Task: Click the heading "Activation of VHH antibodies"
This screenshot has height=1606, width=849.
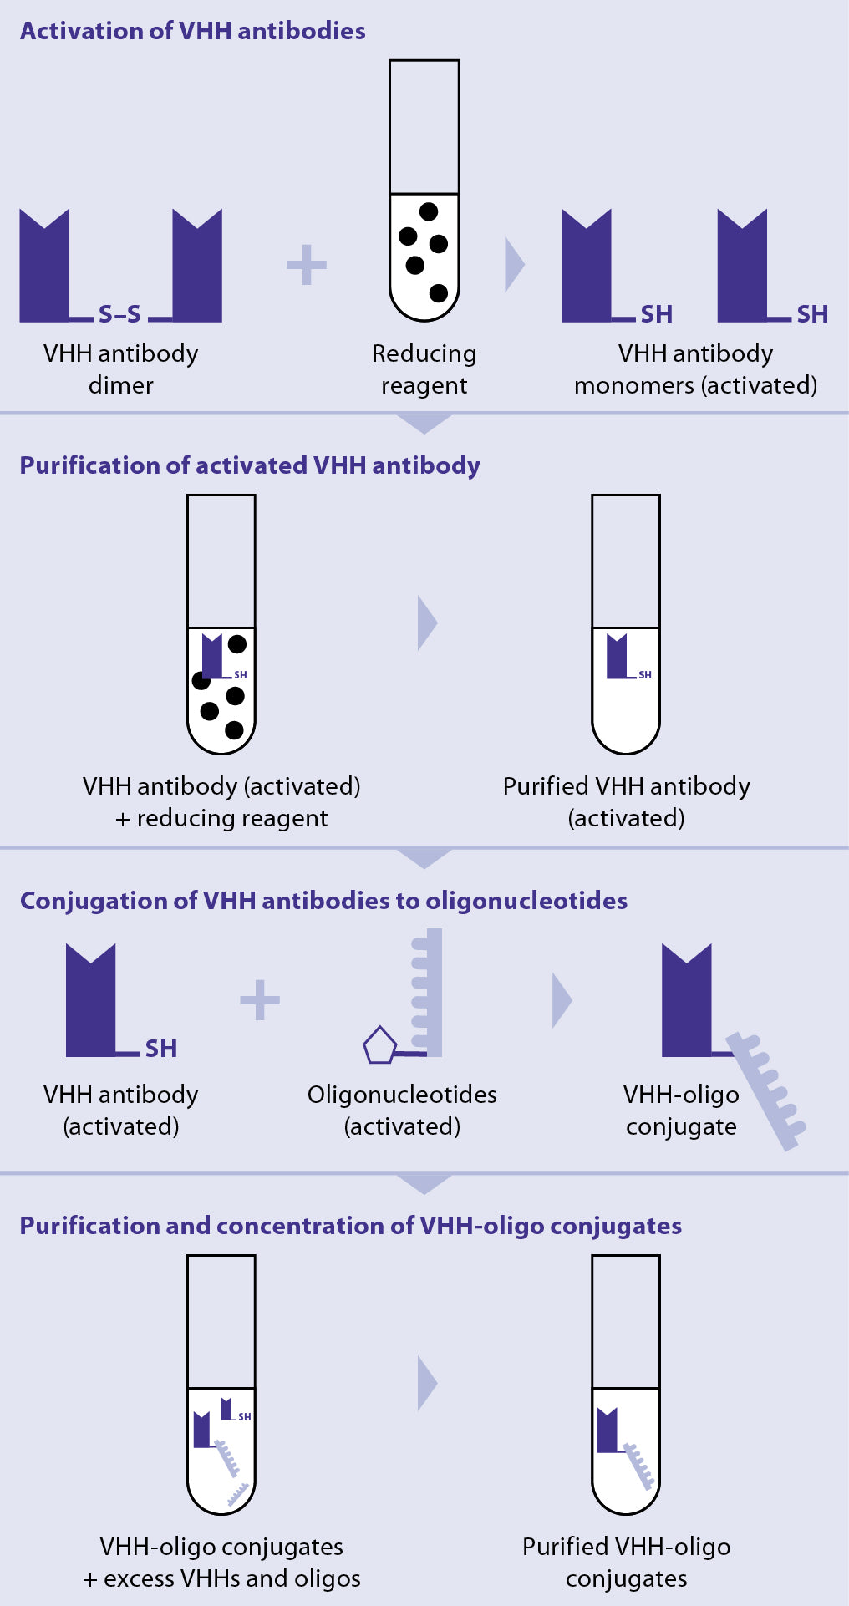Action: coord(192,31)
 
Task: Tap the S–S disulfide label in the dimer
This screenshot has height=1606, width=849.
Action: coord(119,314)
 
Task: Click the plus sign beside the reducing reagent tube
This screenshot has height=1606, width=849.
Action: coord(307,265)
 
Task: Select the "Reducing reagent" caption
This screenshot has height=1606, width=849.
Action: coord(424,368)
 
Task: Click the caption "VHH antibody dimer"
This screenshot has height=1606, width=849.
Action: coord(121,368)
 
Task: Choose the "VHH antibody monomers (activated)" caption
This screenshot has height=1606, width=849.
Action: coord(695,368)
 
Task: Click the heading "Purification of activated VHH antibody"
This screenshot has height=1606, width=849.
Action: coord(250,465)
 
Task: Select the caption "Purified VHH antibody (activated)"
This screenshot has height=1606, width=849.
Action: coord(626,801)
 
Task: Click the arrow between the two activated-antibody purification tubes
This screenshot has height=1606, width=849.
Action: coord(427,623)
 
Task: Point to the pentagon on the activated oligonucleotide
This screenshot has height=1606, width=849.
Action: coord(379,1045)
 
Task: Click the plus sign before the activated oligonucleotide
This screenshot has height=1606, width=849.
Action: coord(260,999)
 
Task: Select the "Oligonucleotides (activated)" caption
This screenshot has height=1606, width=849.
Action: coord(402,1110)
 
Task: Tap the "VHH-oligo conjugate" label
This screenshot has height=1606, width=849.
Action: coord(681,1110)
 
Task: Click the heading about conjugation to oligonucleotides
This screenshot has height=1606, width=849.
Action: coord(323,901)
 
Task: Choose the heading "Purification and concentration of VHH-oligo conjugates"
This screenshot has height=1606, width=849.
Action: coord(350,1226)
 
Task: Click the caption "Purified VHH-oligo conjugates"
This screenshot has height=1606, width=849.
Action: coord(626,1562)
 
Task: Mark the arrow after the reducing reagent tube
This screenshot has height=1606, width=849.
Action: coord(515,265)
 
